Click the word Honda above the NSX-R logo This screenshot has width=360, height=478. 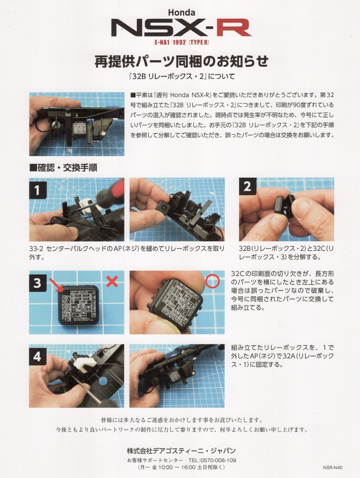coord(182,12)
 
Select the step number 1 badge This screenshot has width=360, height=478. coord(38,190)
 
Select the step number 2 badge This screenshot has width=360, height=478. coord(247,186)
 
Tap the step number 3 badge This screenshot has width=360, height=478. coord(38,283)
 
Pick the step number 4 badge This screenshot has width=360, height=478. coord(38,356)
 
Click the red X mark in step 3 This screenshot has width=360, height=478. coord(112,282)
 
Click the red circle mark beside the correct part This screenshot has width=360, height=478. coord(212,281)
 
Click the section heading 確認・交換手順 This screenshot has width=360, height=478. coord(63,168)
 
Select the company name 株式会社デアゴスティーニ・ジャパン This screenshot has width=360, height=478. coord(181,451)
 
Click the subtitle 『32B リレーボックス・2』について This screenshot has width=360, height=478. coord(182,76)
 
